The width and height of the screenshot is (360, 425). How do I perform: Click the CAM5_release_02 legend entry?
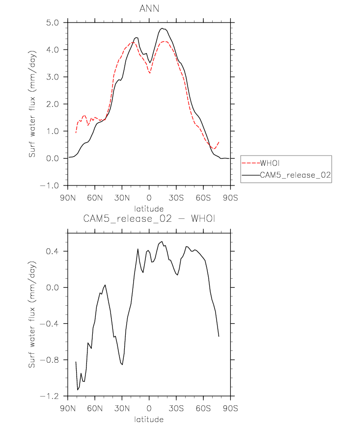296,174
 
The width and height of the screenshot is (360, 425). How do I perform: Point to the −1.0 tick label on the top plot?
51,186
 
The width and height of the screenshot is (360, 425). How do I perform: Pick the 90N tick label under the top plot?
68,198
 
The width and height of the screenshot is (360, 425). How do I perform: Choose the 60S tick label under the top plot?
203,198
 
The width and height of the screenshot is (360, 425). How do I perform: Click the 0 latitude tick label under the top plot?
149,198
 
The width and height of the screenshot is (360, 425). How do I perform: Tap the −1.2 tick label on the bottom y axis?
51,396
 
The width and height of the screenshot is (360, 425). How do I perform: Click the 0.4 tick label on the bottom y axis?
54,251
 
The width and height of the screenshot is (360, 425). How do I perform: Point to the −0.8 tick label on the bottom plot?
51,360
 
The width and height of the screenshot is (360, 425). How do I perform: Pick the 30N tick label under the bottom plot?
122,408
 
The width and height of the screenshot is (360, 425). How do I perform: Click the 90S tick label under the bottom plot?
230,408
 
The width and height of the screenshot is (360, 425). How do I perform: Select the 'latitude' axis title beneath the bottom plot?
148,419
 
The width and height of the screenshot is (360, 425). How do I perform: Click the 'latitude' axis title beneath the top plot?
148,209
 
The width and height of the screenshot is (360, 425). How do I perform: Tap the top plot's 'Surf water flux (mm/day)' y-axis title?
32,104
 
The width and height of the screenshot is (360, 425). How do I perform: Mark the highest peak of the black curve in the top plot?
163,28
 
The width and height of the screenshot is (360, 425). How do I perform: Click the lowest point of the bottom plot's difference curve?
78,390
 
